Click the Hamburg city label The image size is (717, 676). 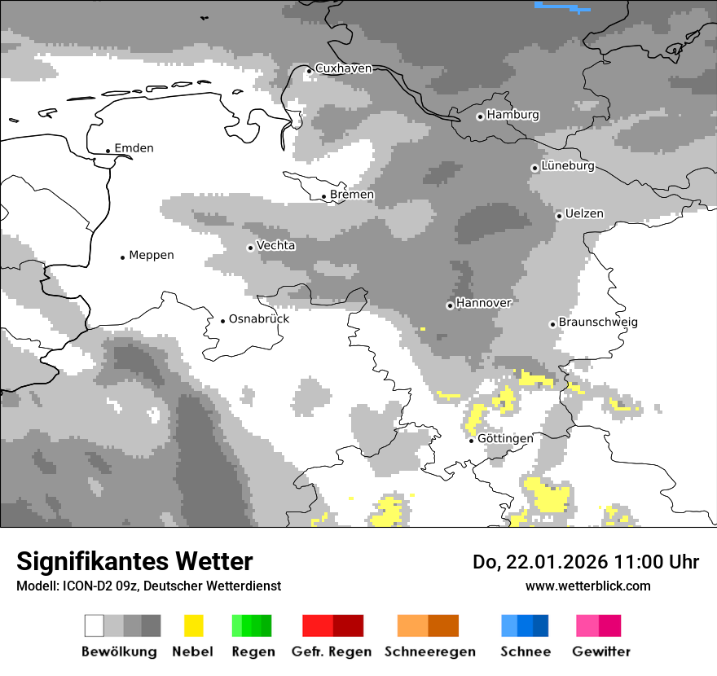point(512,115)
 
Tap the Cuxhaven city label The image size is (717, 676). point(343,68)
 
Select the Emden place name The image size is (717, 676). point(134,148)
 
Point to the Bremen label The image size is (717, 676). point(352,195)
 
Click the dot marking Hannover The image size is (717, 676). point(450,305)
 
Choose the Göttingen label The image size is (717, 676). point(505,438)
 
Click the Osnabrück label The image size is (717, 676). point(259,319)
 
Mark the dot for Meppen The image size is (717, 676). point(122,257)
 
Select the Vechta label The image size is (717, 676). point(276,245)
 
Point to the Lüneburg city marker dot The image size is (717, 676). point(534,168)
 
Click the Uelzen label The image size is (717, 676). point(584,214)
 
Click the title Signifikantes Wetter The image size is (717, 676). point(134,562)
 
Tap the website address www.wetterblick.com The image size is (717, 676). point(587,586)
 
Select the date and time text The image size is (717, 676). point(586,562)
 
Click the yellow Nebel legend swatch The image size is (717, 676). point(193,626)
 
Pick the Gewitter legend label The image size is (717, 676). point(600,652)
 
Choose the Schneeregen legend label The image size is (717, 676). point(429,652)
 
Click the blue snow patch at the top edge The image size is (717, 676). point(561,6)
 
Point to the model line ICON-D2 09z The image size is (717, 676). point(148,586)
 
